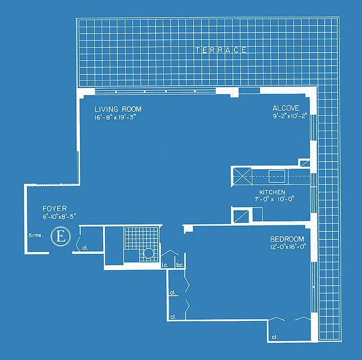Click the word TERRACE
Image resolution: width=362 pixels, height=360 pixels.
click(221, 50)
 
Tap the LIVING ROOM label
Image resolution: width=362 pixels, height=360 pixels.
click(118, 109)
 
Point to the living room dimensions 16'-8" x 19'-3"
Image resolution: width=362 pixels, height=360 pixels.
click(115, 118)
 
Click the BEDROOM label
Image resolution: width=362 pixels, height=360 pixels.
click(287, 239)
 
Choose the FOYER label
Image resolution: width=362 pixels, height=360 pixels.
click(55, 208)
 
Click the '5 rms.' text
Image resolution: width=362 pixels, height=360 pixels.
click(36, 235)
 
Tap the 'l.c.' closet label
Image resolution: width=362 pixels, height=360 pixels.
click(165, 265)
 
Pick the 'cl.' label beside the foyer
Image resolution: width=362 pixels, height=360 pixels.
click(85, 246)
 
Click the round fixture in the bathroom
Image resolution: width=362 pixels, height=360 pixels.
click(148, 254)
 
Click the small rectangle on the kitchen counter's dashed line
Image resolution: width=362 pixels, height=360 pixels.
click(276, 176)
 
